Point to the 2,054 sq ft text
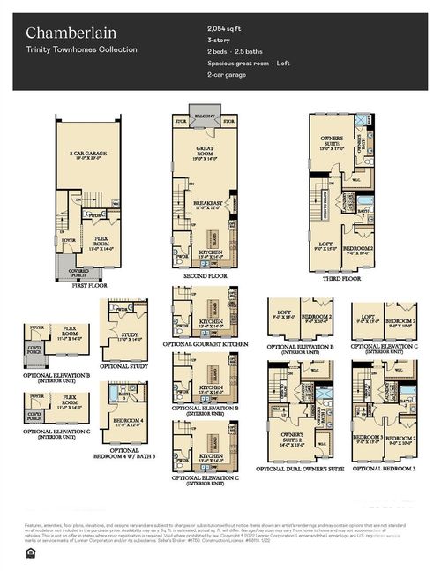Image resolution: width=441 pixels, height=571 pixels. [224, 29]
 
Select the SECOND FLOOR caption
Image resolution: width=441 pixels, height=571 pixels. [205, 277]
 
